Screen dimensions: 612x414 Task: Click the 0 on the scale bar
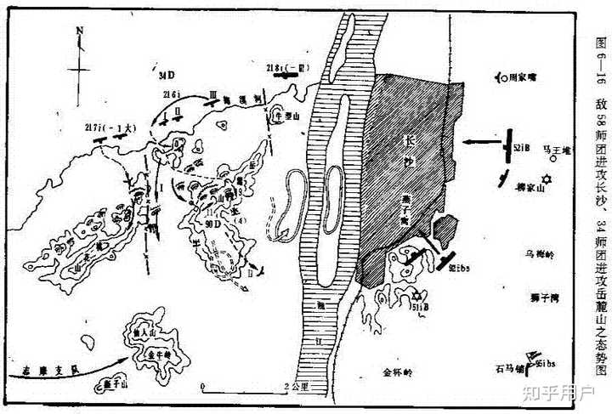(201, 388)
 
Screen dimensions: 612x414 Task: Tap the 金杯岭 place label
(397, 371)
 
